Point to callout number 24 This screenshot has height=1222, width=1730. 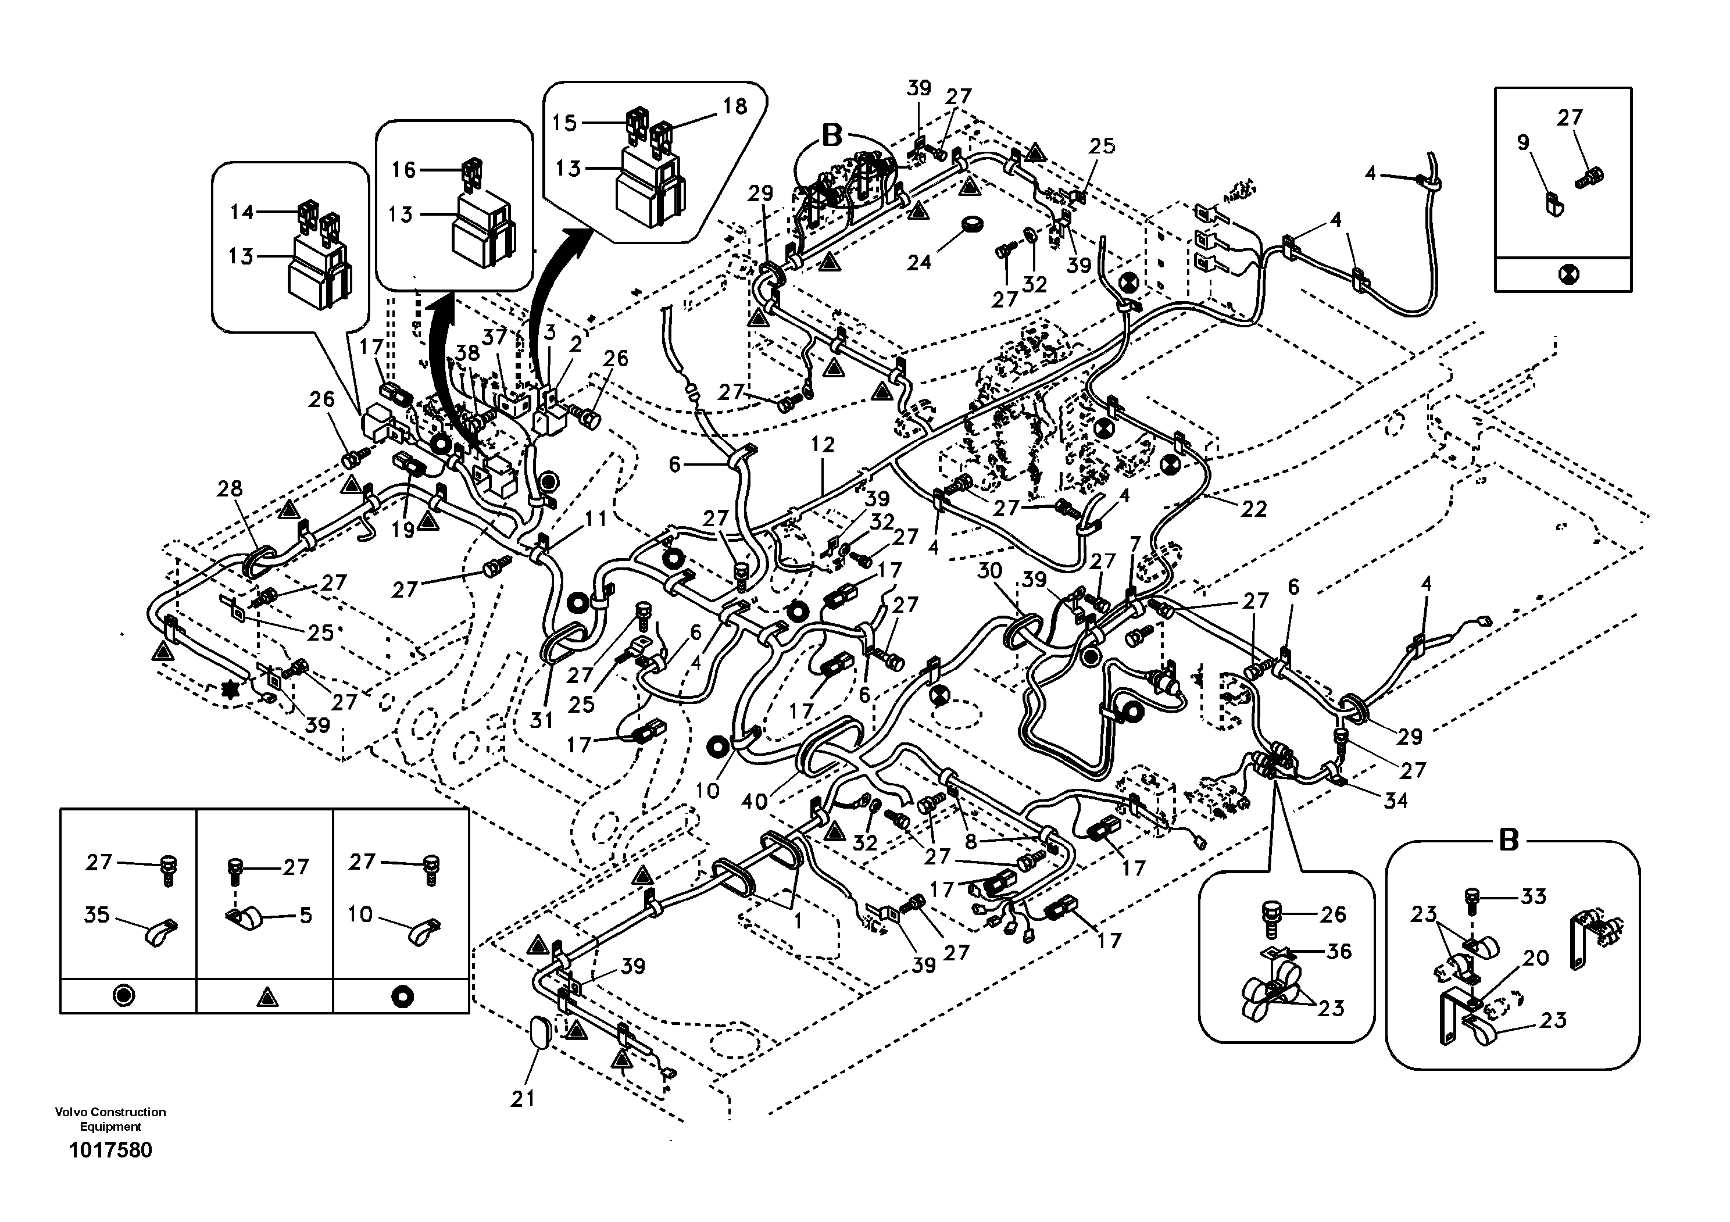click(x=918, y=262)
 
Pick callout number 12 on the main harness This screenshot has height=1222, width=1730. click(x=823, y=445)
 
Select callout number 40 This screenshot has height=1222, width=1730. click(x=753, y=802)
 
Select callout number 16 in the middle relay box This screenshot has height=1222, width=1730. click(x=404, y=170)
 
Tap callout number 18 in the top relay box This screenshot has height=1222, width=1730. click(x=735, y=106)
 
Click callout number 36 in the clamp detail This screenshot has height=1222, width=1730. click(x=1338, y=952)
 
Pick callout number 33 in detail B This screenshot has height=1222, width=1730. click(x=1534, y=896)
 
